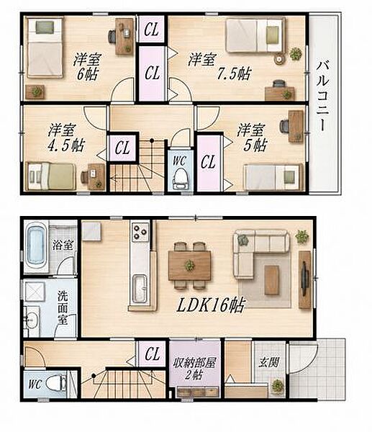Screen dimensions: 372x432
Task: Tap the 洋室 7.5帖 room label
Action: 219,67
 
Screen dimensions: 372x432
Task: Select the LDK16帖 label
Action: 211,305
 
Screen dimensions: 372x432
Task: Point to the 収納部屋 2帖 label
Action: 194,369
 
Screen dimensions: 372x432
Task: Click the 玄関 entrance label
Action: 269,362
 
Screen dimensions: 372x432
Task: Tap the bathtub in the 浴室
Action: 36,246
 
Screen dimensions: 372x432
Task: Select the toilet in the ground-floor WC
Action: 55,383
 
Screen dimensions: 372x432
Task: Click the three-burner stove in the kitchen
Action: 140,231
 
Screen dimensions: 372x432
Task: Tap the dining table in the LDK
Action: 190,266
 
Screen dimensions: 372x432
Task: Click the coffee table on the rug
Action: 271,280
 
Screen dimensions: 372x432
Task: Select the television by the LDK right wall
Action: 304,279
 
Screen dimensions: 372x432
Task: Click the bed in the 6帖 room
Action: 45,48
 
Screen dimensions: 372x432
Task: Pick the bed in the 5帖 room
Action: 273,177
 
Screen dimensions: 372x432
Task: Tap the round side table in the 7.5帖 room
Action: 279,59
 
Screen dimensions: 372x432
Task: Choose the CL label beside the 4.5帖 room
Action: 122,148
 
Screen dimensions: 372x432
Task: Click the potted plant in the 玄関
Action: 277,385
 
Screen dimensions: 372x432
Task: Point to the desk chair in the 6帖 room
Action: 112,37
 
